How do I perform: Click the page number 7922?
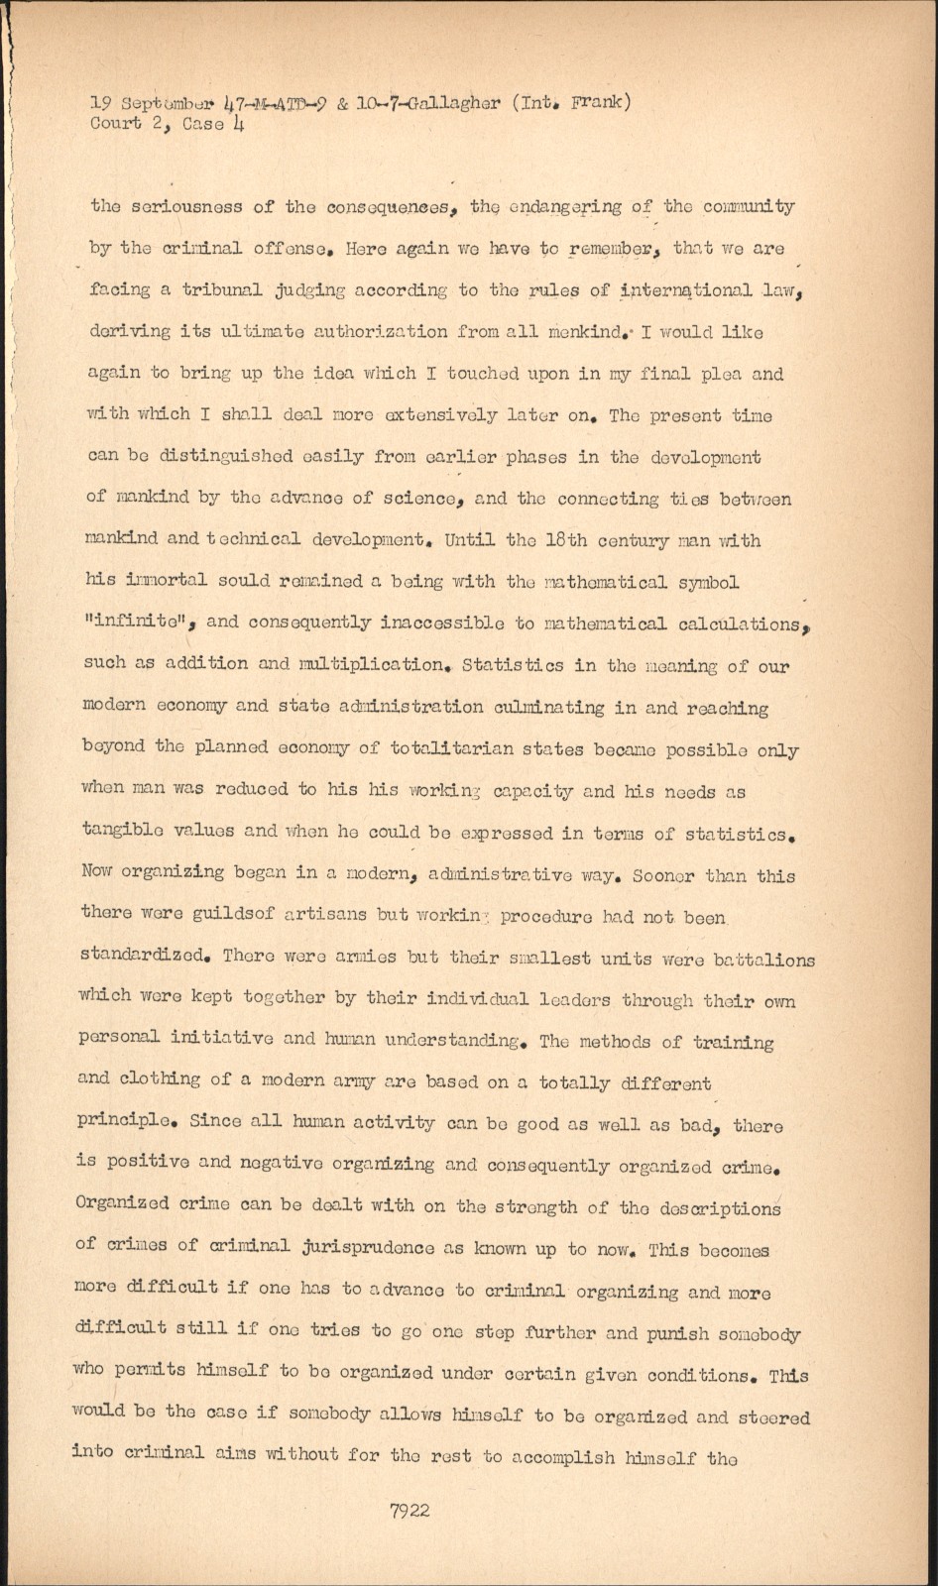tap(410, 1511)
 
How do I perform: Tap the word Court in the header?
tap(115, 124)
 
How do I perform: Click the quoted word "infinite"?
tap(143, 623)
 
